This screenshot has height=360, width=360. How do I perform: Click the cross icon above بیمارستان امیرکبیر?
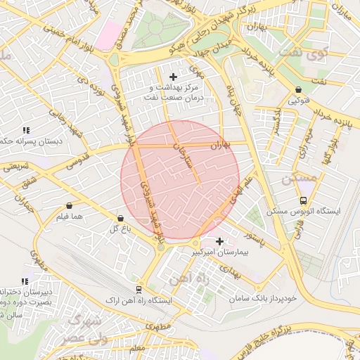pyautogui.click(x=219, y=241)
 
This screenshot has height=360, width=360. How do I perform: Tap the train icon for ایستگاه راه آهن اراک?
pyautogui.click(x=139, y=289)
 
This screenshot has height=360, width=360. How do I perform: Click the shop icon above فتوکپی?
pyautogui.click(x=300, y=89)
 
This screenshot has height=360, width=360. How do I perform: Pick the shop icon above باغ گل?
pyautogui.click(x=119, y=218)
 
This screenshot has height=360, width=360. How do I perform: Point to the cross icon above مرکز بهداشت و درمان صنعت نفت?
pyautogui.click(x=174, y=76)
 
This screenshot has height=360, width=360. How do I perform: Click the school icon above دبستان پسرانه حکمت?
pyautogui.click(x=26, y=130)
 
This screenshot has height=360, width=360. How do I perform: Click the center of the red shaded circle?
pyautogui.click(x=181, y=179)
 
